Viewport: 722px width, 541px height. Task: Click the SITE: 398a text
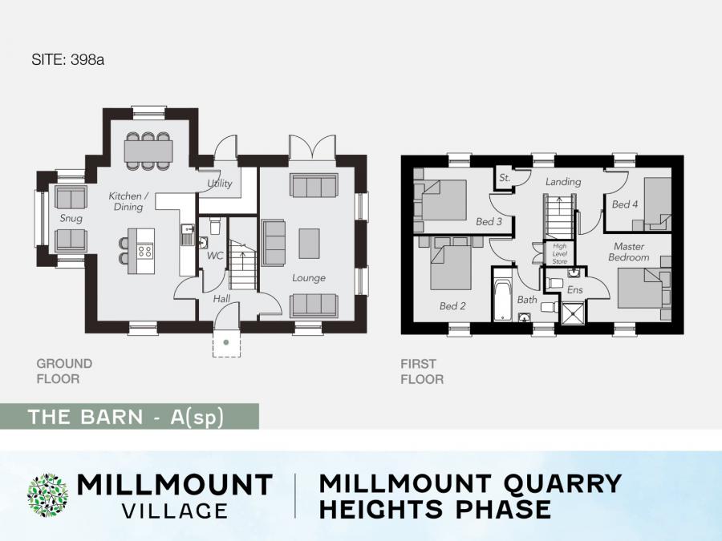pyautogui.click(x=67, y=60)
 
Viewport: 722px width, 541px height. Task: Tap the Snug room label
pyautogui.click(x=71, y=218)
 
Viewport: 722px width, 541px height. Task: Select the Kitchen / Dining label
pyautogui.click(x=128, y=201)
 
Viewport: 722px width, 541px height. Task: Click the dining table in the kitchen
pyautogui.click(x=148, y=151)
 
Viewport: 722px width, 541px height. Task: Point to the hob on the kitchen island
pyautogui.click(x=145, y=251)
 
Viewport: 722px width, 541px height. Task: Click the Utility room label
pyautogui.click(x=219, y=183)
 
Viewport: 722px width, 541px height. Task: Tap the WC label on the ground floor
pyautogui.click(x=214, y=256)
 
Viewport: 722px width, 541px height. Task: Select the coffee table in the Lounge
pyautogui.click(x=309, y=244)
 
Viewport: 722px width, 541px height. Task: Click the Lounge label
pyautogui.click(x=309, y=278)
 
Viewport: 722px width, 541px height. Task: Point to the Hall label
pyautogui.click(x=221, y=299)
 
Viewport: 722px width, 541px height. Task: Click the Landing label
pyautogui.click(x=563, y=182)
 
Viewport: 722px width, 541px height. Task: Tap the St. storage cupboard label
pyautogui.click(x=505, y=178)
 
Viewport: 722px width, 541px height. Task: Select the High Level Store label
pyautogui.click(x=560, y=254)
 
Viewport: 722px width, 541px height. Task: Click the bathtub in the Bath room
pyautogui.click(x=502, y=295)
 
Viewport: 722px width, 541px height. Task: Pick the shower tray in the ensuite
pyautogui.click(x=573, y=313)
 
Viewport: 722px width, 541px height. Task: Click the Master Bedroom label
pyautogui.click(x=629, y=252)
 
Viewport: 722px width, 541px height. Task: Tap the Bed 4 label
pyautogui.click(x=625, y=204)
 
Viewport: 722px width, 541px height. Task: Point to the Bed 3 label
pyautogui.click(x=489, y=222)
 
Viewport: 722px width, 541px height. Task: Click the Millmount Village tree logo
pyautogui.click(x=48, y=496)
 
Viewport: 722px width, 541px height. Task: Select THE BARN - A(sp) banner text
pyautogui.click(x=126, y=417)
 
